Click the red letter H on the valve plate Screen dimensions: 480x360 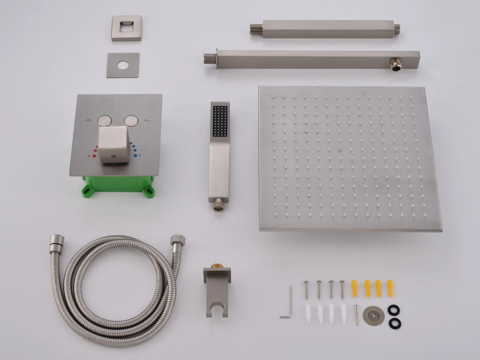(89, 156)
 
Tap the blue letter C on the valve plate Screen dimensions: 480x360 (140, 155)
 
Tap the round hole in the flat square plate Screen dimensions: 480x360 (122, 65)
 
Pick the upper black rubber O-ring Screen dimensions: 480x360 (394, 310)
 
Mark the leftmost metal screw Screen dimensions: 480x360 (306, 289)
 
